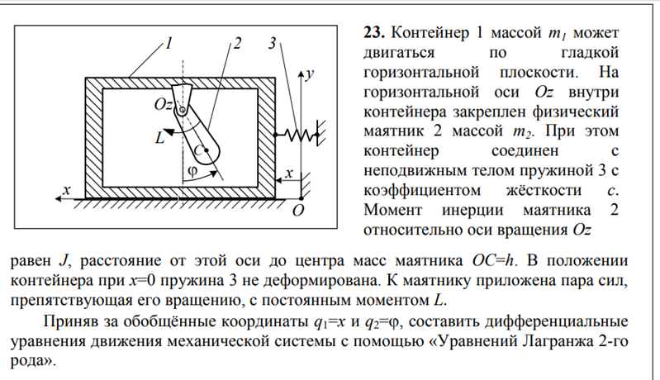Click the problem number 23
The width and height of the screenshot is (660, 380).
pyautogui.click(x=373, y=32)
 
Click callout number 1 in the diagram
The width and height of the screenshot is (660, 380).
pyautogui.click(x=169, y=43)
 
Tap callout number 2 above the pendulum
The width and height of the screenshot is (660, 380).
pyautogui.click(x=237, y=43)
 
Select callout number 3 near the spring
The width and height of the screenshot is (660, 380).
pyautogui.click(x=273, y=43)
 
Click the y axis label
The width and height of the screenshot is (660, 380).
pyautogui.click(x=310, y=74)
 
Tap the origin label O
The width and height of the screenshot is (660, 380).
pyautogui.click(x=298, y=210)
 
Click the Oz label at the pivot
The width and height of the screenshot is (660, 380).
pyautogui.click(x=164, y=104)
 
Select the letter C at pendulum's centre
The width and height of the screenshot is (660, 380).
pyautogui.click(x=198, y=150)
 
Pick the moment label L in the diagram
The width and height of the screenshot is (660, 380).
pyautogui.click(x=159, y=138)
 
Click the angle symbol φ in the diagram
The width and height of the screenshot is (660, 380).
pyautogui.click(x=192, y=171)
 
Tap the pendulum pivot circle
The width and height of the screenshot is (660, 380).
pyautogui.click(x=183, y=110)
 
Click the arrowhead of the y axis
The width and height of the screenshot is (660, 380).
pyautogui.click(x=301, y=74)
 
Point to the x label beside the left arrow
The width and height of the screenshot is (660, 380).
pyautogui.click(x=66, y=190)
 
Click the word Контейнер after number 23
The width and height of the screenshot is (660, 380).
pyautogui.click(x=430, y=32)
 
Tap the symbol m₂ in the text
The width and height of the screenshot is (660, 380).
pyautogui.click(x=523, y=132)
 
